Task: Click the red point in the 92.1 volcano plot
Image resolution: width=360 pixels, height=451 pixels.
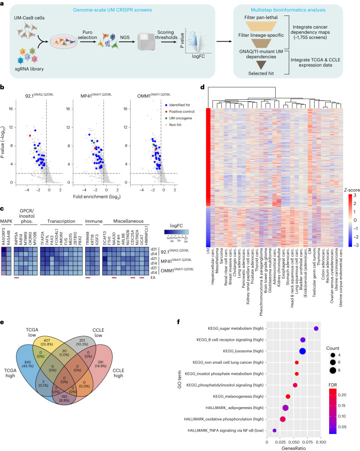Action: point(30,135)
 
